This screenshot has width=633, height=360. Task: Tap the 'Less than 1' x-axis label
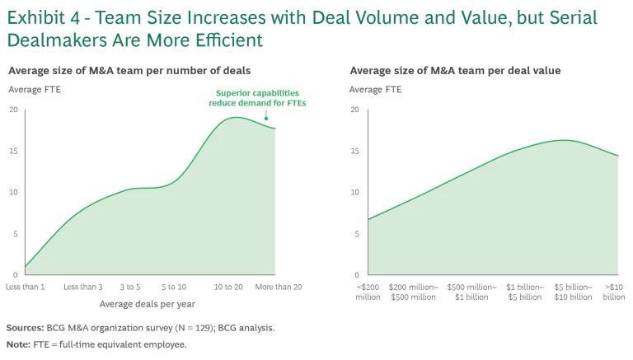click(x=25, y=287)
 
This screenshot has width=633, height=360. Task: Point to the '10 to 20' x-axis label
click(x=228, y=287)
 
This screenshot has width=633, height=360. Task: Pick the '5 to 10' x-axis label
click(x=174, y=287)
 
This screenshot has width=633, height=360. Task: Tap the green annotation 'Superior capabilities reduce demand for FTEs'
click(x=257, y=98)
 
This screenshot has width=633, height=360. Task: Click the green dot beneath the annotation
click(x=265, y=119)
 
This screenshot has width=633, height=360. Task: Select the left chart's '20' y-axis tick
click(x=13, y=110)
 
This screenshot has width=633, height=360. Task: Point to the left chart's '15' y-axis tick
click(x=13, y=151)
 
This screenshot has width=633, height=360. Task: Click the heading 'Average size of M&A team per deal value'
click(x=455, y=71)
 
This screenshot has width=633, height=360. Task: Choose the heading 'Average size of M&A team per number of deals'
click(x=129, y=71)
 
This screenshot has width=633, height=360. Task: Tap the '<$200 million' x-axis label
click(x=368, y=292)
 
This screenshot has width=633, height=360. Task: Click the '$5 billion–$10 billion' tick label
click(x=573, y=292)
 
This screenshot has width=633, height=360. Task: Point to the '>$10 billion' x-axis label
click(x=614, y=292)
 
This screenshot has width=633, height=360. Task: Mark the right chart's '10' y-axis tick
click(x=354, y=193)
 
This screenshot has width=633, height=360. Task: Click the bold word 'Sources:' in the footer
click(x=26, y=328)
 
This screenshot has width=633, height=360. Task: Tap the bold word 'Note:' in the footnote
click(x=17, y=344)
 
